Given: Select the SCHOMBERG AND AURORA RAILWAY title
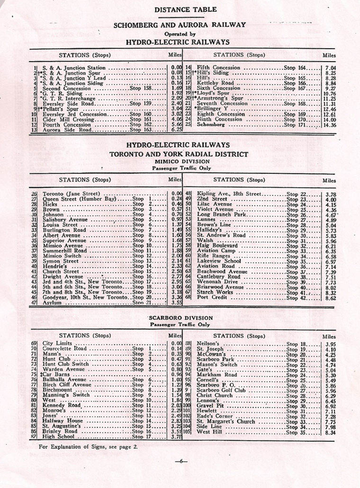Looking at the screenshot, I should (x=180, y=25).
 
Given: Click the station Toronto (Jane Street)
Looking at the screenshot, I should (x=71, y=194).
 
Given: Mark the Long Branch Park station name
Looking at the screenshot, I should (x=222, y=214).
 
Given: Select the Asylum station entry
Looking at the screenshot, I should (x=52, y=302).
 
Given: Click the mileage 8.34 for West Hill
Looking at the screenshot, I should (x=331, y=432).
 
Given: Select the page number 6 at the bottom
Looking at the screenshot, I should (x=180, y=461).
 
